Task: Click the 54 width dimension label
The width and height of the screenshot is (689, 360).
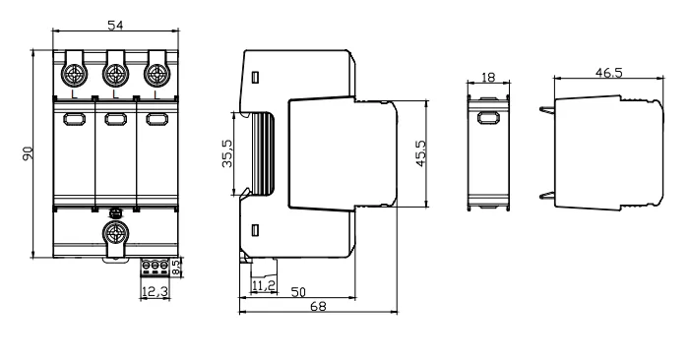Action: tap(115, 26)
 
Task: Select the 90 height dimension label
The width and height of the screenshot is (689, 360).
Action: tap(28, 153)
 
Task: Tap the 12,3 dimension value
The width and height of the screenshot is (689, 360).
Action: tap(155, 291)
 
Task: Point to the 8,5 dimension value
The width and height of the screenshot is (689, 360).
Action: tap(176, 268)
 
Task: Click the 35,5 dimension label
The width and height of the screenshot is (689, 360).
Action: tap(227, 153)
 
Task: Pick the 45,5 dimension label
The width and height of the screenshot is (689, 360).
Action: tap(420, 153)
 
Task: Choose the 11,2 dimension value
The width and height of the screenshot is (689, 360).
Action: tap(264, 286)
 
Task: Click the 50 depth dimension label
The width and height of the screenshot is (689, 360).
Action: tap(298, 292)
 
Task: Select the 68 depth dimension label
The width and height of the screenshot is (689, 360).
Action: tap(318, 306)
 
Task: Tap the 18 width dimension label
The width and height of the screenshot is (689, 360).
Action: tap(488, 78)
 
